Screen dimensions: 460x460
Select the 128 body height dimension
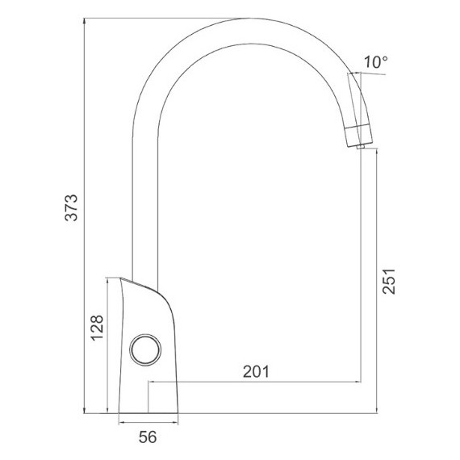pos(96,329)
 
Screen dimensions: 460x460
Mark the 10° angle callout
pos(375,62)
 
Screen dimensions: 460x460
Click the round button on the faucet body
pos(145,349)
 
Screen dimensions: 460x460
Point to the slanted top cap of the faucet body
pos(140,284)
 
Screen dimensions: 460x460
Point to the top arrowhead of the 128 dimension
pos(109,281)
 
